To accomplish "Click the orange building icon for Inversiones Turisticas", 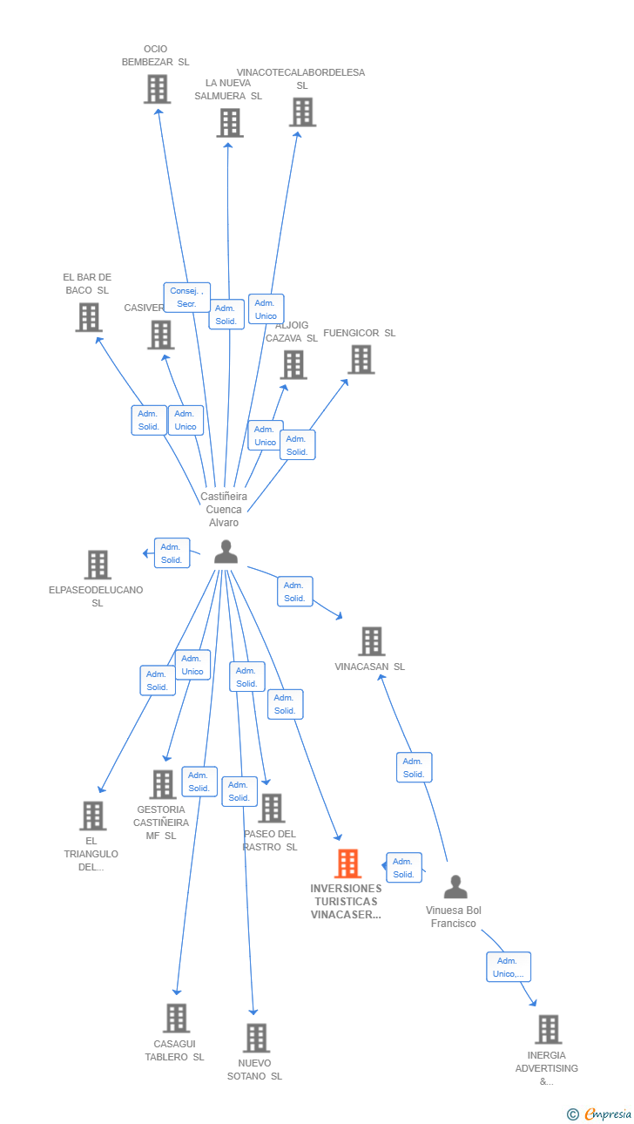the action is (x=347, y=863).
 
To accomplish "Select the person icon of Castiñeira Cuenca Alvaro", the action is (x=226, y=552).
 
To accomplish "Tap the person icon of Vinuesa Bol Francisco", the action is (x=455, y=887).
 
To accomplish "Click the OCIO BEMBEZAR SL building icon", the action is (x=157, y=89).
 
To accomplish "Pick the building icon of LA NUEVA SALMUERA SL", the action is (x=229, y=123).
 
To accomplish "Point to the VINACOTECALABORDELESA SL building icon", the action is (x=302, y=112).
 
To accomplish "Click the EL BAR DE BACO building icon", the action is (x=88, y=317).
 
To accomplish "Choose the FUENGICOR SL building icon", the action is (x=361, y=359).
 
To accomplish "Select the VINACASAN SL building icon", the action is (x=371, y=641).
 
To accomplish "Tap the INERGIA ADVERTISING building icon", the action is (x=548, y=1029).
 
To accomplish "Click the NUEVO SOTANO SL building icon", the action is (x=256, y=1038).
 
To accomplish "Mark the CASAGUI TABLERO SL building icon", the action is (x=176, y=1018).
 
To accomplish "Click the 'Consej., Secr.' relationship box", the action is (x=186, y=297).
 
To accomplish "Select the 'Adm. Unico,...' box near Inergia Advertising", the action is (x=508, y=967).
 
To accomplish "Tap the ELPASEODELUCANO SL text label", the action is (x=97, y=596).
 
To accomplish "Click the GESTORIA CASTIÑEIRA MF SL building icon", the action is (x=163, y=784).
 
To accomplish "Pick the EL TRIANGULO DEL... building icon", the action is (x=92, y=816).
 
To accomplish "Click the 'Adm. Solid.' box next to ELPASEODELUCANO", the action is (x=172, y=553).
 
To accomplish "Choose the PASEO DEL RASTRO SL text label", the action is (x=270, y=840).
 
